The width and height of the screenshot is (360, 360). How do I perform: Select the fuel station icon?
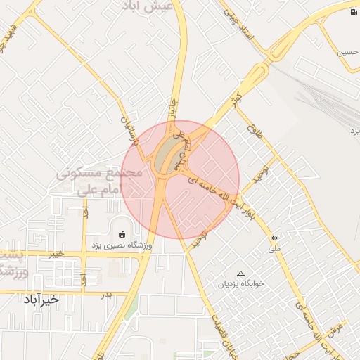(352, 13)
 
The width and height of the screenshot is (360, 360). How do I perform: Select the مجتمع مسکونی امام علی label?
(100, 181)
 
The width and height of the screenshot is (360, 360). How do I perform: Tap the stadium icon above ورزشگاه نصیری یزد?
(122, 233)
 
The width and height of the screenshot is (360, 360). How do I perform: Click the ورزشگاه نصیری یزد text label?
(118, 245)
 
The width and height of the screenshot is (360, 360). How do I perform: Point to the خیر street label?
(55, 254)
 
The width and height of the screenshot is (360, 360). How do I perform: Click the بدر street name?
(106, 294)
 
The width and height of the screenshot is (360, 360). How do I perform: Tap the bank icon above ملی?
(274, 238)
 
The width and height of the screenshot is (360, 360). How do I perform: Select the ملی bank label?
(274, 249)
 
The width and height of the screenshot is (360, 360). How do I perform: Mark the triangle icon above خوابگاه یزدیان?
(241, 274)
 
